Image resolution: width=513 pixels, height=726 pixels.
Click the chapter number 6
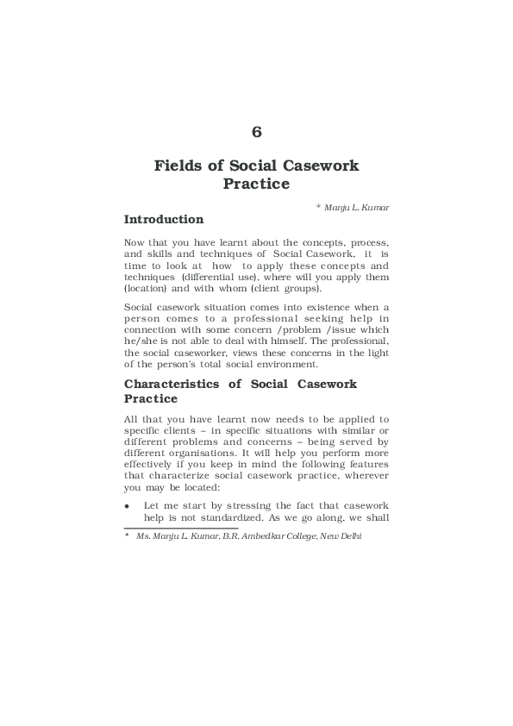(256, 132)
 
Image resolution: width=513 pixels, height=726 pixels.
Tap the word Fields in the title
(178, 165)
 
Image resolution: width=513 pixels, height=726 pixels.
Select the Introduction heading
(164, 219)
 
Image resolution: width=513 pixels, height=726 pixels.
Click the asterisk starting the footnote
(127, 535)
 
